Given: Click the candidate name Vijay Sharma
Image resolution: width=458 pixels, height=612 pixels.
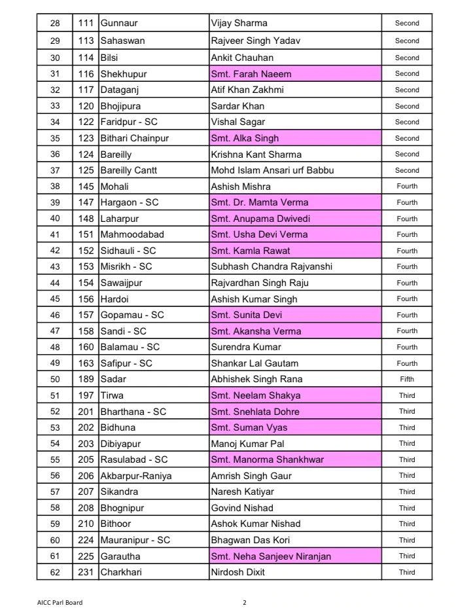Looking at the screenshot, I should coord(239,24).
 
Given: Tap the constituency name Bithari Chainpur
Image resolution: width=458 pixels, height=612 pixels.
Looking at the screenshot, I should coord(134,138).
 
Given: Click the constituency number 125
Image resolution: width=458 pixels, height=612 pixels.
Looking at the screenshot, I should coord(85,171).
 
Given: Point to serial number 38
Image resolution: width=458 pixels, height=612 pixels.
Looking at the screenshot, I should coord(55,187).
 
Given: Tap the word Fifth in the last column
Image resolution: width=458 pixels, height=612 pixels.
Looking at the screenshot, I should coord(407,379).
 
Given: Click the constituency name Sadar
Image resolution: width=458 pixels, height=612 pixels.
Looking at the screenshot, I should coord(113,379).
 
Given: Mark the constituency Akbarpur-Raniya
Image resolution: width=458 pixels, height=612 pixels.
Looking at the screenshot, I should coord(135,476).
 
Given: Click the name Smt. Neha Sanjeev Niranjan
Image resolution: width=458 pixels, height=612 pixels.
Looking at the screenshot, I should coord(271,556).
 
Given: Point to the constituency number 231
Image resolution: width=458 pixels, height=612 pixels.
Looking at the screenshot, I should coord(85,572).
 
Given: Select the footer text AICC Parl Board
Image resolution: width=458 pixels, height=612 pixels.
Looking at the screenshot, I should coord(60,603).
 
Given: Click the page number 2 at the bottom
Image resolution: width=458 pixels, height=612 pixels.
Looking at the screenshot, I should coord(245,603).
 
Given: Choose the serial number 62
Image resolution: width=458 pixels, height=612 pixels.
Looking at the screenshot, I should coord(55,572).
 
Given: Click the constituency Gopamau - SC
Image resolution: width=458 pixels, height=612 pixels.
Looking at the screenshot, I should coord(132,315).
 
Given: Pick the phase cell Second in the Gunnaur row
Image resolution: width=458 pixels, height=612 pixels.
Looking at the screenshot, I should coord(407,24).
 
